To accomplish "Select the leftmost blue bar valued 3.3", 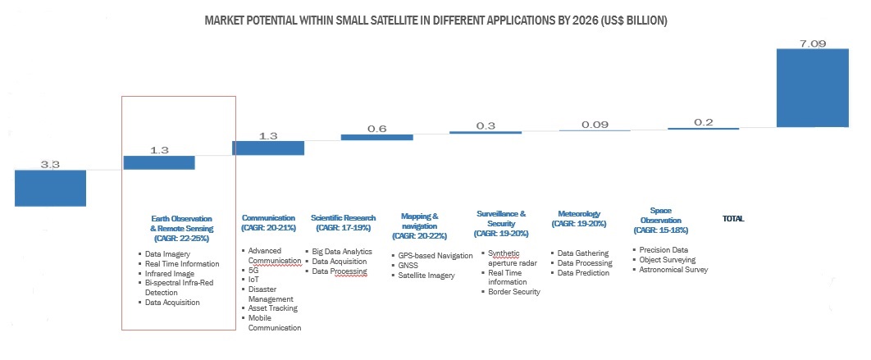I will point(50,188).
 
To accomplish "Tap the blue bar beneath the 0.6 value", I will point(376,137).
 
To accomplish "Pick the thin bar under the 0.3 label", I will point(485,132).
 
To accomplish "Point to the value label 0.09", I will point(594,124).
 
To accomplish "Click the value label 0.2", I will point(703,121).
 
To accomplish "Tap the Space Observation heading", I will point(660,216).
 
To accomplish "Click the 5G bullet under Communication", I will point(253,269).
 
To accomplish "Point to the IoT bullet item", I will point(253,279).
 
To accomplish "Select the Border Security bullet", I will point(514,292).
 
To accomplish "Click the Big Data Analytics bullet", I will point(343,252).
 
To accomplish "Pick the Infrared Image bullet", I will point(170,273).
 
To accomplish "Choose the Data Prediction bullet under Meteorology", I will point(584,273).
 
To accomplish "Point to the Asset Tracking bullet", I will point(272,308).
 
